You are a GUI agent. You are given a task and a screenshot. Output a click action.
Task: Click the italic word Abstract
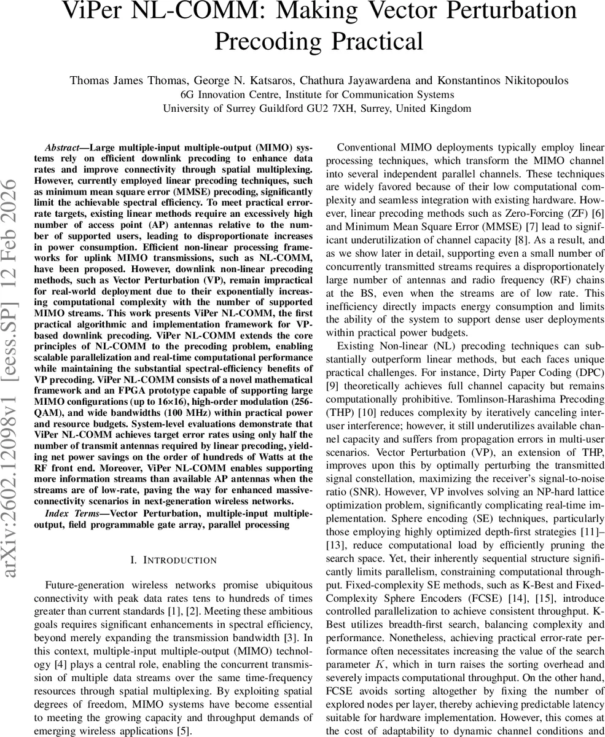(x=62, y=149)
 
